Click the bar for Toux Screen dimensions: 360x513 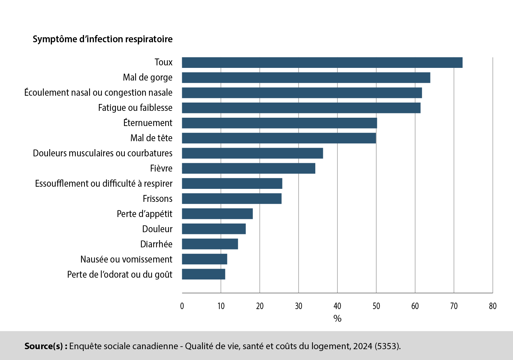tap(322, 62)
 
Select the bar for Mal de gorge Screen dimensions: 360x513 tap(306, 78)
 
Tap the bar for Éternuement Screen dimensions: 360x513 tap(279, 123)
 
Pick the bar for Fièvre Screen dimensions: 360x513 tap(248, 168)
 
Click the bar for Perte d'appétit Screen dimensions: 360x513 tap(217, 214)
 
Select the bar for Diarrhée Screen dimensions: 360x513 tap(210, 244)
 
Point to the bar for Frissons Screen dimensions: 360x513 tap(232, 199)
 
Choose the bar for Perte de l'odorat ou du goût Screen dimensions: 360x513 tap(203, 274)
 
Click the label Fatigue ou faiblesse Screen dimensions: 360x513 tap(135, 108)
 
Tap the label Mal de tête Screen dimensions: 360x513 tap(151, 138)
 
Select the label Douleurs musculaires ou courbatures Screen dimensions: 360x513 tap(102, 153)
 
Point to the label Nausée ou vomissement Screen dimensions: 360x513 tap(126, 260)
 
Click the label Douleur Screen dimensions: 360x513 tap(157, 229)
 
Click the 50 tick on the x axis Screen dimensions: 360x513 tap(376, 306)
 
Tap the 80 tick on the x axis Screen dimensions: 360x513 tap(492, 306)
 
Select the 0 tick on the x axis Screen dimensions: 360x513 tap(182, 306)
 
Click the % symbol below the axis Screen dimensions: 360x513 tap(337, 318)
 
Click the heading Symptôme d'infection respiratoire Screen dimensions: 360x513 tap(102, 39)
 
